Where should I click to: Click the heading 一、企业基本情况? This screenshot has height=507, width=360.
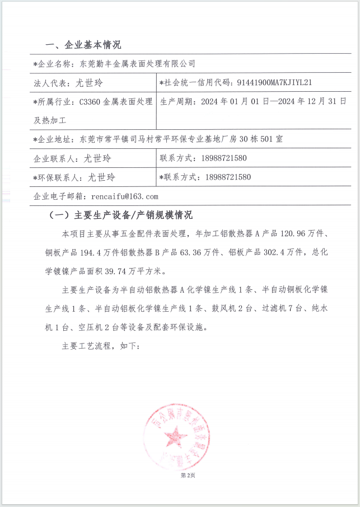[82, 45]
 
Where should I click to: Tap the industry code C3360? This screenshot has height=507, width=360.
[91, 102]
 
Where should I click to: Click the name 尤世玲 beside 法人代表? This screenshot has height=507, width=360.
[89, 83]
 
